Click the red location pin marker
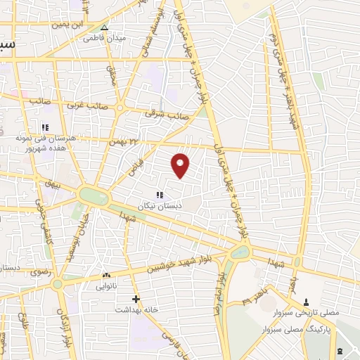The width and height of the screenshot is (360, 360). tap(180, 165)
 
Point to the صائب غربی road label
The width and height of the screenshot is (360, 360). tap(86, 106)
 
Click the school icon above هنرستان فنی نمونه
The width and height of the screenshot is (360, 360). tap(44, 127)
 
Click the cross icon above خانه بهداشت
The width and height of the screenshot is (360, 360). tap(137, 299)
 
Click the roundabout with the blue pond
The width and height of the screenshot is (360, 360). tap(94, 195)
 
